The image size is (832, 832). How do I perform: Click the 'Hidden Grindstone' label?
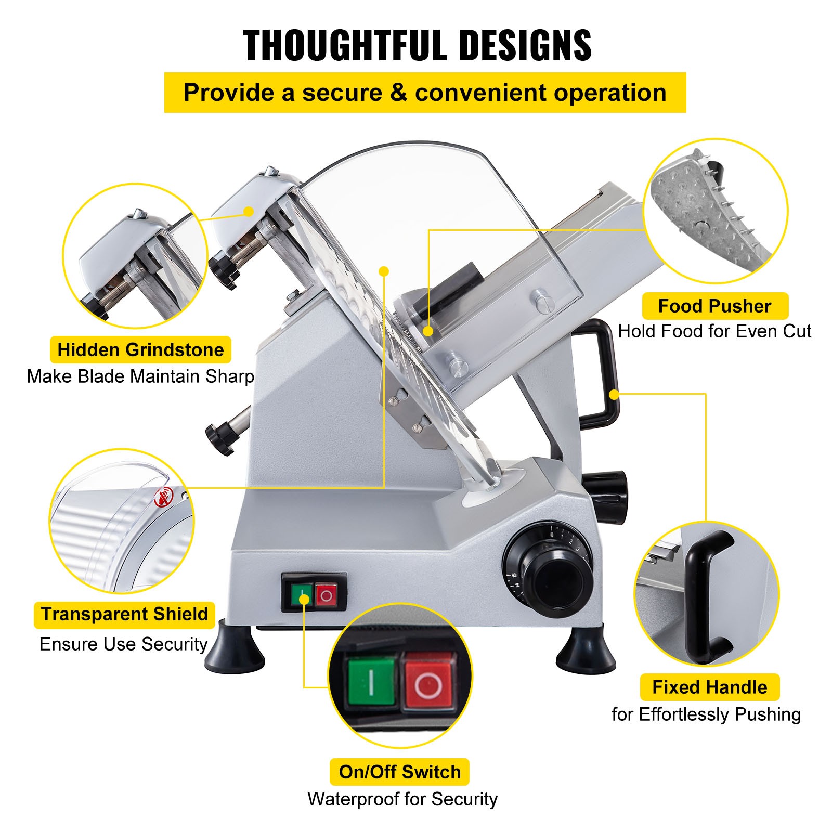(140, 350)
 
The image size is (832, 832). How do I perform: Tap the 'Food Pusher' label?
(714, 306)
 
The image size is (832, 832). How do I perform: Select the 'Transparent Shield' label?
(124, 614)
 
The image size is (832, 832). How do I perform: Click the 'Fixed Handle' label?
(709, 687)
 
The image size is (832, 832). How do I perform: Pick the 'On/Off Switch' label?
(399, 772)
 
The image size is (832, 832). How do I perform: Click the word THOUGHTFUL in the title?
(344, 46)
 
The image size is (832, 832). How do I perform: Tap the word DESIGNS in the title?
(526, 46)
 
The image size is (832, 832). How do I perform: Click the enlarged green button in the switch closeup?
(371, 681)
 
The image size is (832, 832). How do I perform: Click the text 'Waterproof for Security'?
(402, 799)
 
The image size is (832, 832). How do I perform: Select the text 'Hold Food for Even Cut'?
(714, 331)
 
